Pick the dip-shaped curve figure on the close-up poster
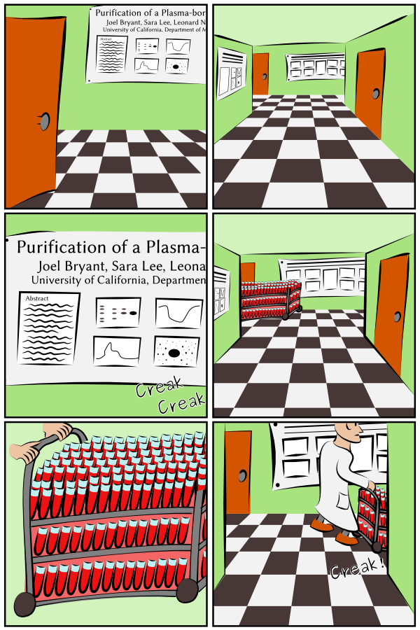point(178,314)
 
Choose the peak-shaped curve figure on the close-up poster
point(118,351)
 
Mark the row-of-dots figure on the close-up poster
point(118,312)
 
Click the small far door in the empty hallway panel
point(261,73)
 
